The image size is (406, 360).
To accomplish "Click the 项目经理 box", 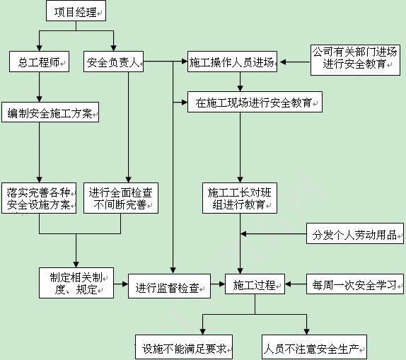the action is [76, 11].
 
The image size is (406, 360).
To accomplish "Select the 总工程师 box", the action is [39, 62].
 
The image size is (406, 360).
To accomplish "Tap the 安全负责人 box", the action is [113, 62].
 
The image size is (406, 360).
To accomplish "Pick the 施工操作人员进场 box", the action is [232, 62].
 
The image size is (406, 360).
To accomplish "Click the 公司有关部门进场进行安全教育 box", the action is [355, 60].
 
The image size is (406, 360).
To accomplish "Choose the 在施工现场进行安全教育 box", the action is [255, 102].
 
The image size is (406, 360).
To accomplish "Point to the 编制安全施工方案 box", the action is [50, 112].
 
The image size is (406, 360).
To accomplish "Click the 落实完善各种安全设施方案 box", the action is [39, 198].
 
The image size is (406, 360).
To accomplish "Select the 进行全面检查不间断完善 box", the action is [121, 198].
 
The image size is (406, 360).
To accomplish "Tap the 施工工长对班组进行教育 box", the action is [240, 198].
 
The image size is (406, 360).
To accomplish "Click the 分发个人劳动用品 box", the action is [355, 233].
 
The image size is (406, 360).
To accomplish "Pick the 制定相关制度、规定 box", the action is [76, 283].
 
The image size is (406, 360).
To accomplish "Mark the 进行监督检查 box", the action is [169, 286].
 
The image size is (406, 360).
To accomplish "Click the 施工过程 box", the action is [255, 284].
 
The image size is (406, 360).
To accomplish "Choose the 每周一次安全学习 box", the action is [355, 284].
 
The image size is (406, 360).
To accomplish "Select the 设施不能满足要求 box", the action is [184, 347].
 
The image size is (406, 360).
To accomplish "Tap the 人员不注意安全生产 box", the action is [314, 347].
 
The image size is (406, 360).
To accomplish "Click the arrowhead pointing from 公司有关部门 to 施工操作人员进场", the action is [283, 62].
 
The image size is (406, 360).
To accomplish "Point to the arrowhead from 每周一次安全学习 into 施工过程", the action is [288, 284].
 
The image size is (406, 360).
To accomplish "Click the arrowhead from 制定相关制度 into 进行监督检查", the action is [125, 284].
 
